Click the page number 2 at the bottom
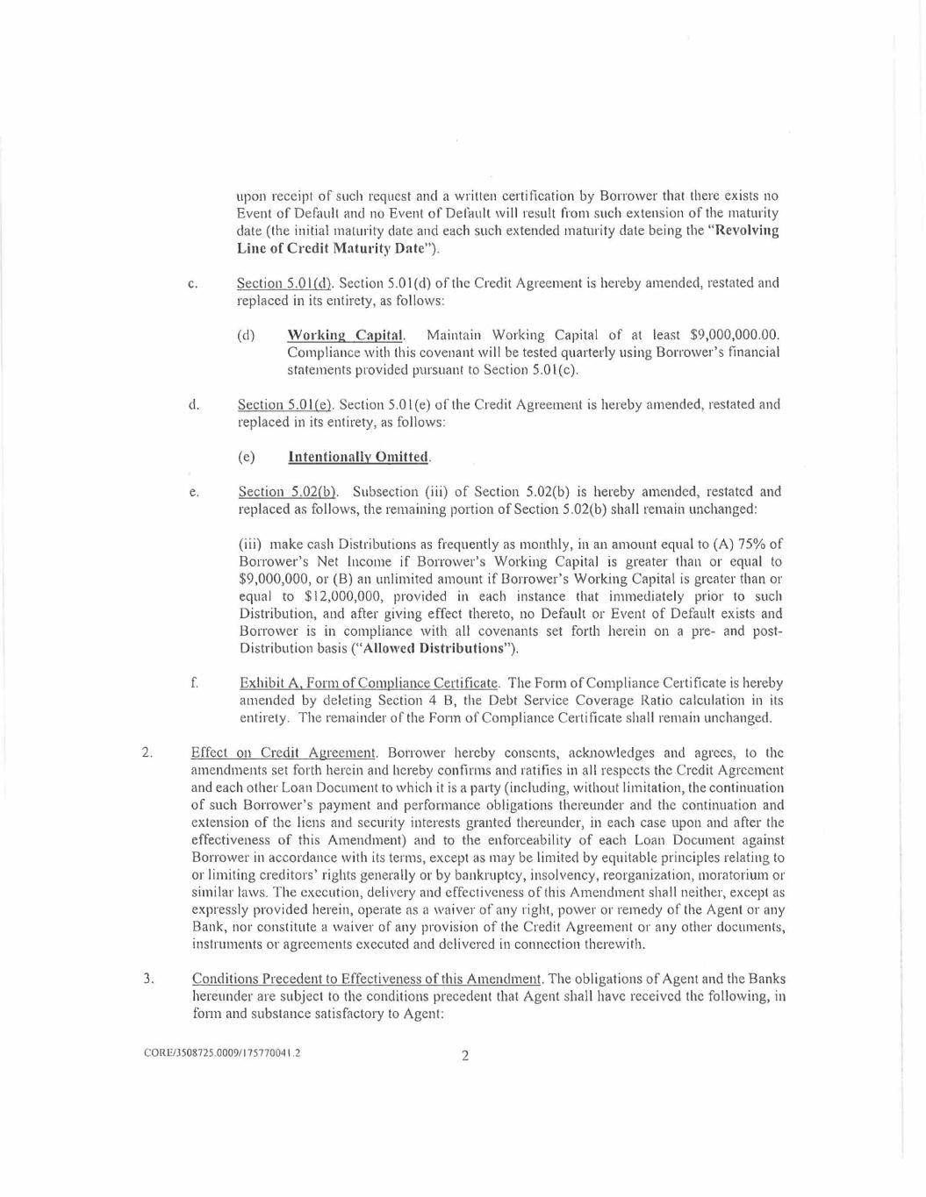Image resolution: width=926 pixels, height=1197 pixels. tap(465, 1055)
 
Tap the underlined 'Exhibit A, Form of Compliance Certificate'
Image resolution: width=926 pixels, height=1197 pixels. tap(369, 683)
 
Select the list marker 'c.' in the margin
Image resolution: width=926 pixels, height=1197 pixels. tap(192, 284)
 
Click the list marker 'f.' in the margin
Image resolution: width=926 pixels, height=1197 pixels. tap(192, 683)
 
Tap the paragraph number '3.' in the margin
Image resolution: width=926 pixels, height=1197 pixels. tap(148, 979)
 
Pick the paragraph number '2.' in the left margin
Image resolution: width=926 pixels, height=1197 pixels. tap(147, 752)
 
